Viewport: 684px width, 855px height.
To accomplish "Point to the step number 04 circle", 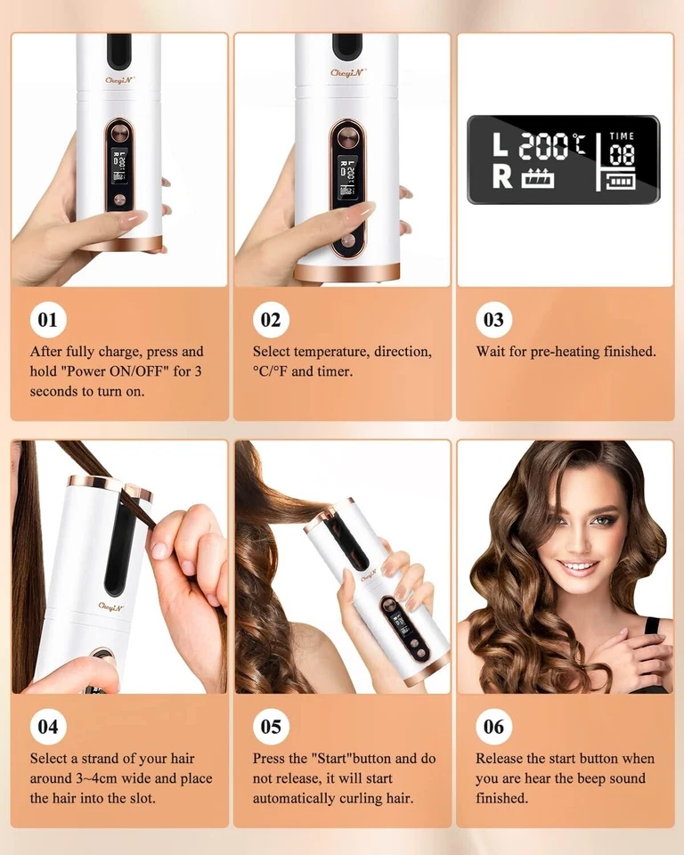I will point(48,727).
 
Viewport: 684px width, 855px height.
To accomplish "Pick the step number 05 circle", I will point(271,727).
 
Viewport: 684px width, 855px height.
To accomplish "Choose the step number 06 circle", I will point(493,727).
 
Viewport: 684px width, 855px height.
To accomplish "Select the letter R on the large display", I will point(502,176).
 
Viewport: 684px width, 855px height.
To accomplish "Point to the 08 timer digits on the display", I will point(622,155).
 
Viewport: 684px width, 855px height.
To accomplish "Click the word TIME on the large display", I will point(622,136).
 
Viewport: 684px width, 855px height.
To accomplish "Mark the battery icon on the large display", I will point(622,182).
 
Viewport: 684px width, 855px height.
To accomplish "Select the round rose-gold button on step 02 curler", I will point(346,140).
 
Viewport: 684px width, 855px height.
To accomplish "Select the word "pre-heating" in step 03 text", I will point(565,352).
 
